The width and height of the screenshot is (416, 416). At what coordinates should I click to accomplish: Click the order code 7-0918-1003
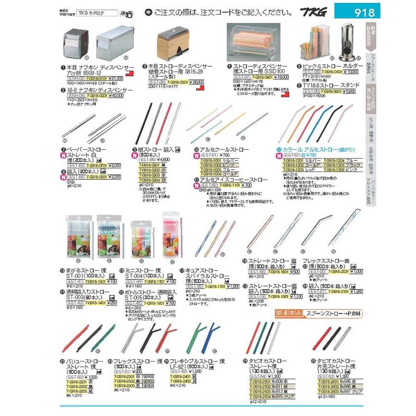(x=209, y=170)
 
